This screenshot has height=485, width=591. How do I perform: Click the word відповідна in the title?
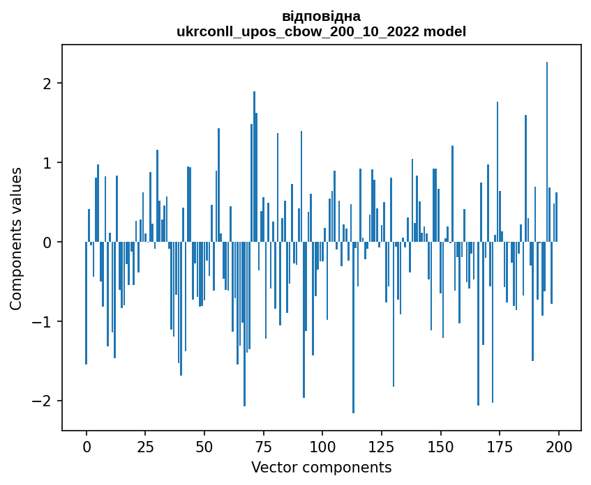click(321, 16)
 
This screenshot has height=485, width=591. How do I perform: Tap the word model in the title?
click(447, 31)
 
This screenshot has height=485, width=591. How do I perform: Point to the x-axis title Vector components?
click(321, 467)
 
